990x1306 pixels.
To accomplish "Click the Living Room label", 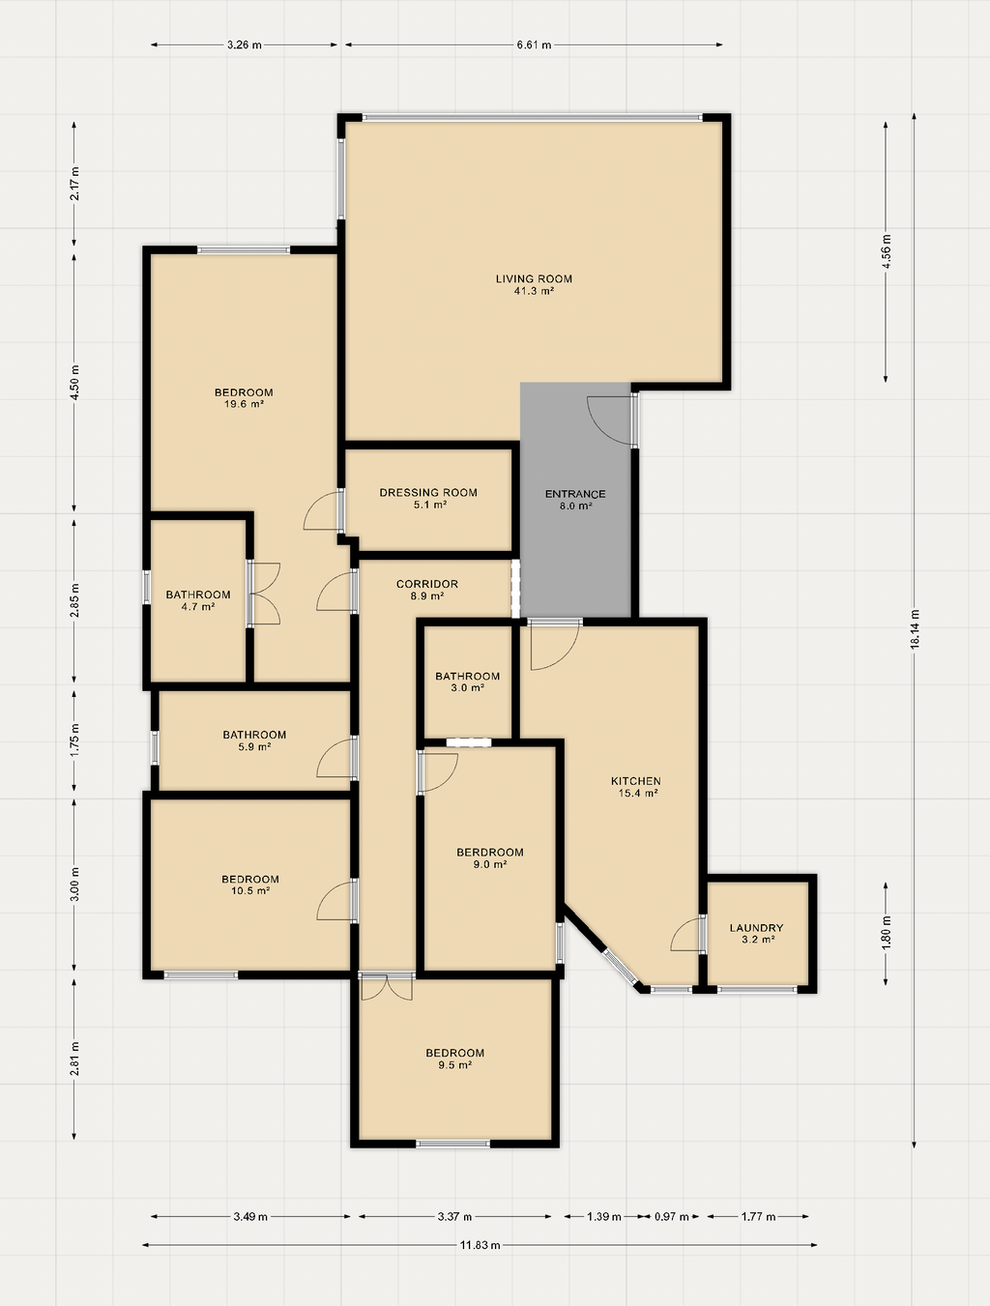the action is [534, 278].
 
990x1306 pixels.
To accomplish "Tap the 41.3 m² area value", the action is [534, 291].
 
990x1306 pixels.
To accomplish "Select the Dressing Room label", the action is [428, 493].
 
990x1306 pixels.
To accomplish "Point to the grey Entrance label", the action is [575, 494].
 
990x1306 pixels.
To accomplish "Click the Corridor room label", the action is [427, 584].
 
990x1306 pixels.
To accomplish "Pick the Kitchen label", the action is [636, 781].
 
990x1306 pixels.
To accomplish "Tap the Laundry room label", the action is [756, 928].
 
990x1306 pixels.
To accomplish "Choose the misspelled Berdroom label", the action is [489, 852].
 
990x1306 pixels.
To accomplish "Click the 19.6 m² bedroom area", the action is [244, 404].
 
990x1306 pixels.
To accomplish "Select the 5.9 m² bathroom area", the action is [254, 746].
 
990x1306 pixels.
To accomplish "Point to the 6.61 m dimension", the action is [534, 44].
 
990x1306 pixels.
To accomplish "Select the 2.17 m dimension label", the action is [74, 184].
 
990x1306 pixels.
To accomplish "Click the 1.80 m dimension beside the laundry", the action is [886, 933].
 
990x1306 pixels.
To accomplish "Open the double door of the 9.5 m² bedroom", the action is [387, 987].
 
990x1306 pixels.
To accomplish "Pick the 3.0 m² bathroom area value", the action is [467, 688].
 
